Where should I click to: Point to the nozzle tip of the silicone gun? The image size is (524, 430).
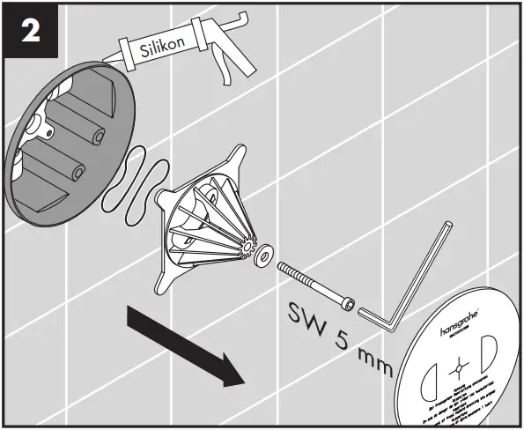(x=107, y=59)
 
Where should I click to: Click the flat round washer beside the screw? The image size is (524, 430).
(x=263, y=261)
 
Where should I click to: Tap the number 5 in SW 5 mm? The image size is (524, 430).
(x=339, y=340)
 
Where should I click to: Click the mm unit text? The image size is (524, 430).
(x=374, y=362)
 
